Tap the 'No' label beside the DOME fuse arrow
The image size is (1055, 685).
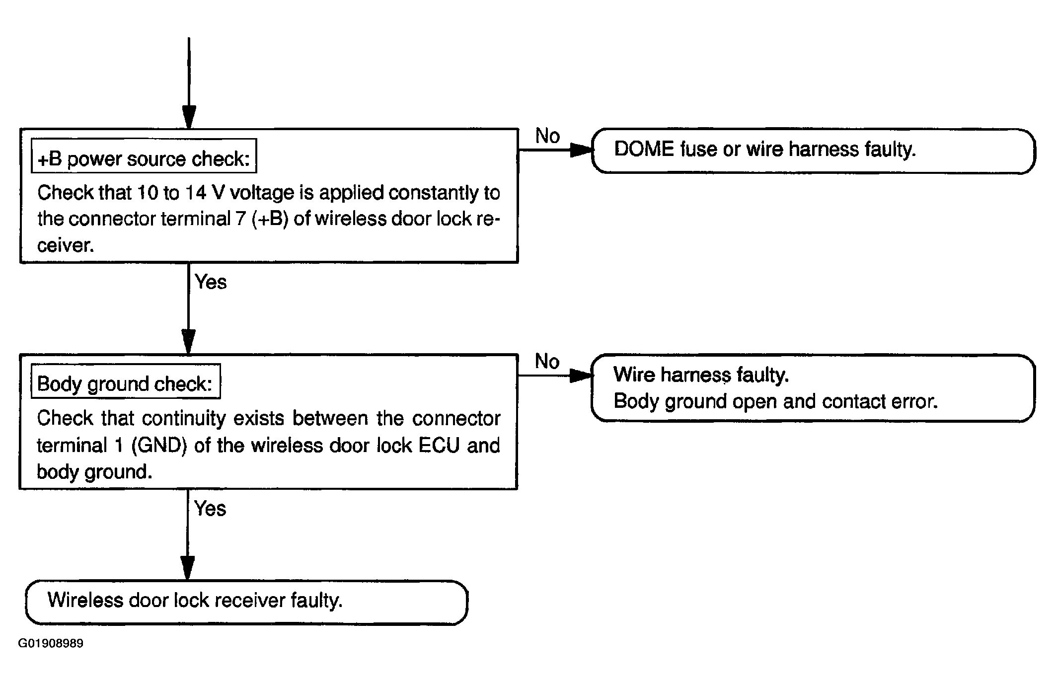tap(547, 136)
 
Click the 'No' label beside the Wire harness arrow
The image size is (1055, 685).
tap(547, 361)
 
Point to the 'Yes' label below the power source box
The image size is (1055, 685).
tap(211, 282)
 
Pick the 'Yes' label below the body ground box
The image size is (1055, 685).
tap(210, 508)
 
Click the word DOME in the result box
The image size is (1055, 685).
tap(644, 149)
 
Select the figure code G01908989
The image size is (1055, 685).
tap(51, 643)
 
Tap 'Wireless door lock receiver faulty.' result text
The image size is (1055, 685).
tap(195, 600)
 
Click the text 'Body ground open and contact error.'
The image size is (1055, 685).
tap(776, 401)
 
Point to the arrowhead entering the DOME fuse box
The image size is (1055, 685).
tap(581, 150)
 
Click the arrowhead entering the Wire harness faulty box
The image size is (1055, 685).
tap(581, 375)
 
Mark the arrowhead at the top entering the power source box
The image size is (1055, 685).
tap(189, 117)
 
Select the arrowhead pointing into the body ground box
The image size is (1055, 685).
tap(188, 342)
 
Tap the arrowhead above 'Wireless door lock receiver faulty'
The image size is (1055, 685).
tap(187, 568)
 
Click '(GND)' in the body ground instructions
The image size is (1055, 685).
tap(159, 446)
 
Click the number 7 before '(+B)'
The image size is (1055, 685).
tap(241, 219)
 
